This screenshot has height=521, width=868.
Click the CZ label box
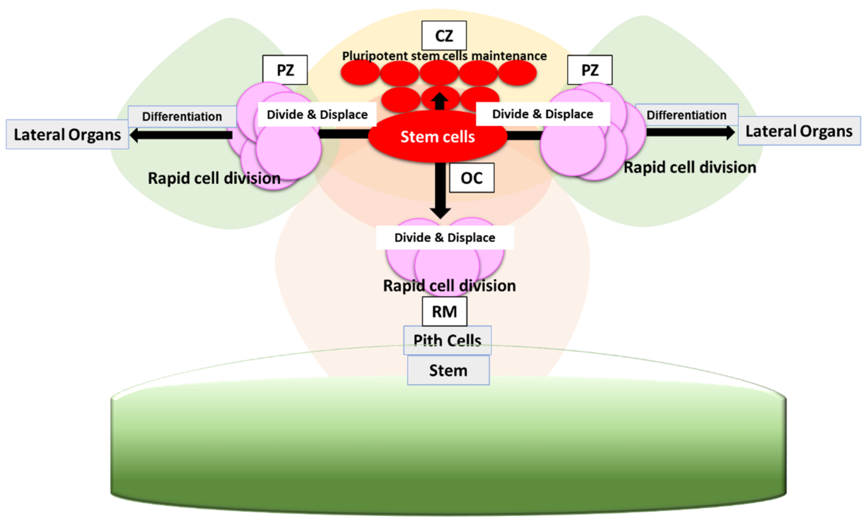[x=444, y=36]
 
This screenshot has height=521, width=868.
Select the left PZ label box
[x=285, y=70]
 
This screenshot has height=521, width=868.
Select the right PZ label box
[x=590, y=70]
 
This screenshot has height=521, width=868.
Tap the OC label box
[x=472, y=178]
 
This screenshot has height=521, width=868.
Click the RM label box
[x=444, y=311]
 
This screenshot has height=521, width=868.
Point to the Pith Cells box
[x=447, y=340]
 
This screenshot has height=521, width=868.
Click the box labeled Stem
[x=448, y=370]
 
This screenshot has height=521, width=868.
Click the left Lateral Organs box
[x=67, y=135]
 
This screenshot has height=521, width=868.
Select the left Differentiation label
[x=182, y=116]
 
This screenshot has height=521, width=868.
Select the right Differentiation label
[x=687, y=115]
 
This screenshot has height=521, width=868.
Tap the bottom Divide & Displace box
[x=444, y=237]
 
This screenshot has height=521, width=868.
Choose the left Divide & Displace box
[x=317, y=114]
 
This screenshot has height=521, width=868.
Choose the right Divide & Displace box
[x=542, y=114]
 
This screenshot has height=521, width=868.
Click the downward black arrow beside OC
[x=440, y=189]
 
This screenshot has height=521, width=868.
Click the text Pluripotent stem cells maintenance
[x=444, y=56]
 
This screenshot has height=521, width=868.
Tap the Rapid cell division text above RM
[x=449, y=286]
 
